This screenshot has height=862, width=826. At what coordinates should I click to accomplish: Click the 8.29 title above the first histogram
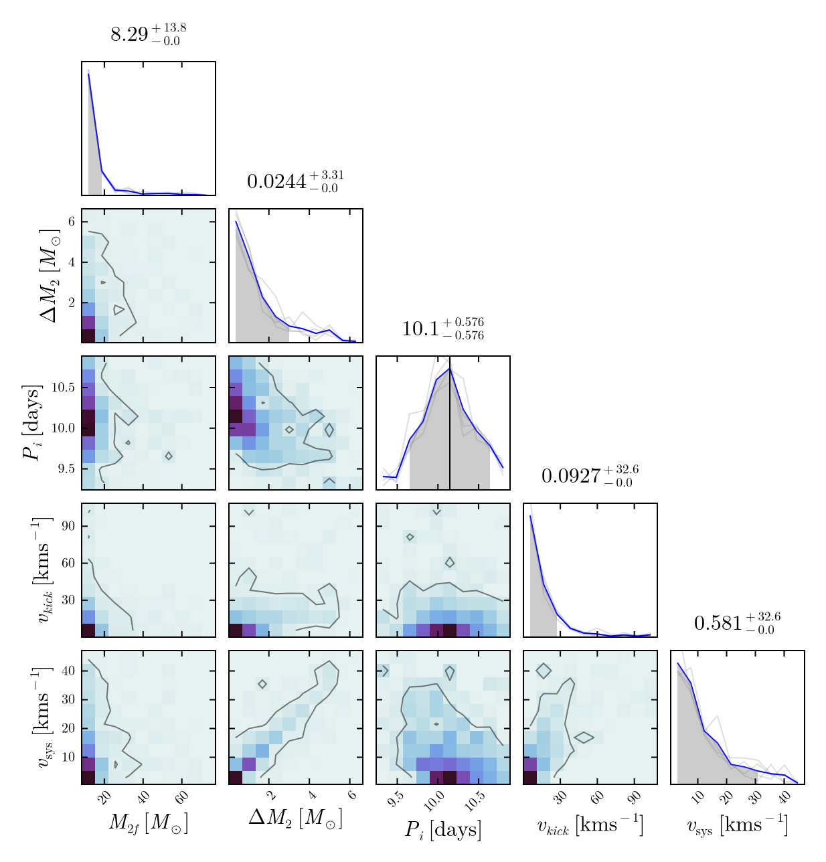click(148, 34)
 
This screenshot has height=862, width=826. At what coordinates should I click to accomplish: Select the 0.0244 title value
click(295, 181)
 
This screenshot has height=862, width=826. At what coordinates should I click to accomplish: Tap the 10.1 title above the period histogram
click(442, 328)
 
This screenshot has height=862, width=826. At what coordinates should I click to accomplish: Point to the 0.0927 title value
click(590, 475)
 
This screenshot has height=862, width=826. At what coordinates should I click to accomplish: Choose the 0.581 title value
click(737, 622)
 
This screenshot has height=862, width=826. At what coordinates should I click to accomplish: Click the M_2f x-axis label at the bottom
click(148, 823)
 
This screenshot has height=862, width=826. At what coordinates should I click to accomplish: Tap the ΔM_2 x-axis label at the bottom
click(295, 817)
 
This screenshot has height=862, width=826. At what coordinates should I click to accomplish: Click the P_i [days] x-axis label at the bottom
click(442, 829)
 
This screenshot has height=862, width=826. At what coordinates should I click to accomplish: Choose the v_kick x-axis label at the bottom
click(590, 825)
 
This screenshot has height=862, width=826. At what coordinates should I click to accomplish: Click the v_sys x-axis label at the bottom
click(737, 825)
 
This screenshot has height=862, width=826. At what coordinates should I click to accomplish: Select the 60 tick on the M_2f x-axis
click(182, 797)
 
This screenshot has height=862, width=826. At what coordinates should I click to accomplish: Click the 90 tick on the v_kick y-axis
click(68, 526)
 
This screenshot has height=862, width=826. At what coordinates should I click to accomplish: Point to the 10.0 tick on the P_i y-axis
click(65, 428)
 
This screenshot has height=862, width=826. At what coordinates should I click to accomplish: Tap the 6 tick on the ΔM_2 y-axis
click(70, 222)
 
